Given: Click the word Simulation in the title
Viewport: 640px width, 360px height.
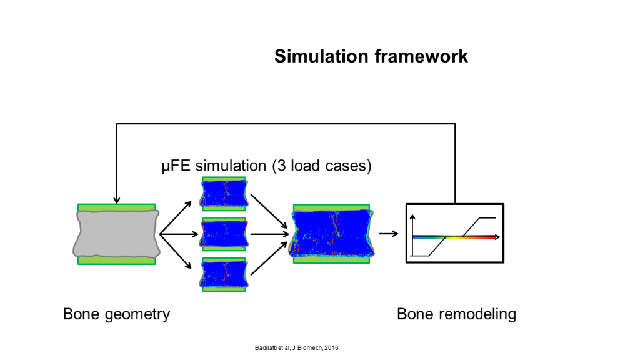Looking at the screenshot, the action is click(x=322, y=56).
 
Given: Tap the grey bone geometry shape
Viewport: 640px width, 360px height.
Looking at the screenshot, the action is click(x=116, y=234).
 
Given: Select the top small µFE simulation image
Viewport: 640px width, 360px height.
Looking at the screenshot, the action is click(x=224, y=194).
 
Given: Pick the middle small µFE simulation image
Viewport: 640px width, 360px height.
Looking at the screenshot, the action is click(x=224, y=234).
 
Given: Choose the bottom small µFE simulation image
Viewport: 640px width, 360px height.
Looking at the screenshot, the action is click(x=224, y=275).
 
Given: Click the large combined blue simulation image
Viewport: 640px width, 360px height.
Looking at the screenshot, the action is click(x=331, y=234).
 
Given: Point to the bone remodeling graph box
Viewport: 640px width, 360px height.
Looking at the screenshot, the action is click(x=455, y=233).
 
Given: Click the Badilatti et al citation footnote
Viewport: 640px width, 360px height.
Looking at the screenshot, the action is click(x=296, y=348).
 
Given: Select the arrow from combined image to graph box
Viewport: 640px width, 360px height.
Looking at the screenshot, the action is click(x=389, y=234).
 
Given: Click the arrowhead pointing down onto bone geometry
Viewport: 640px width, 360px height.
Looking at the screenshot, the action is click(x=117, y=200).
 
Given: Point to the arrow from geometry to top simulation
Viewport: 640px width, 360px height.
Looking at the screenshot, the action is click(x=176, y=218).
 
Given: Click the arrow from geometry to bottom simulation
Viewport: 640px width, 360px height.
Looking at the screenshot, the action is click(x=176, y=251).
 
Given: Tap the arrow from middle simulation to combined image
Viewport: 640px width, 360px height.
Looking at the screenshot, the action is click(x=270, y=234).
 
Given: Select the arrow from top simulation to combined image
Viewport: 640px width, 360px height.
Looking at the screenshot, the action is click(x=269, y=211).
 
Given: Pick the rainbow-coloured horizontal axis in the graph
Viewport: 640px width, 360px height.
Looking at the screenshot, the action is click(x=456, y=237).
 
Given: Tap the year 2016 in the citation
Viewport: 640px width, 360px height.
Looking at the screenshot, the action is click(x=331, y=348).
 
